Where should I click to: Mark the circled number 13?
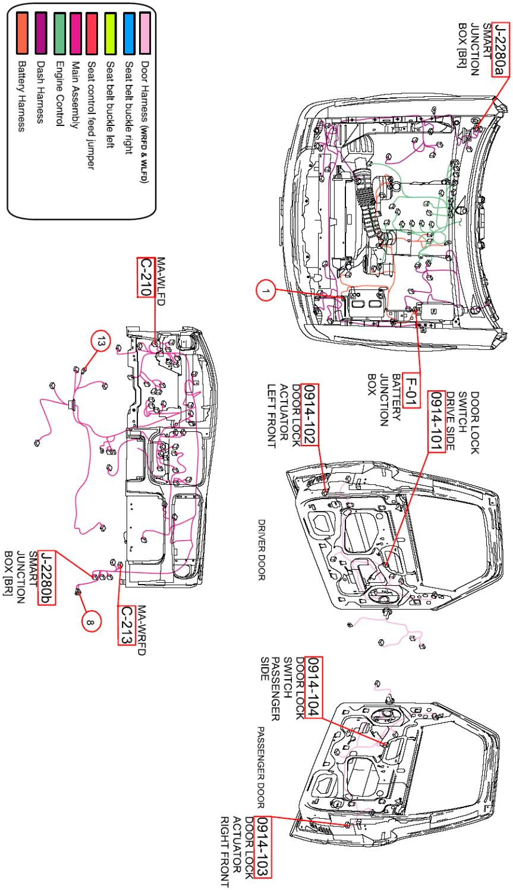102,342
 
